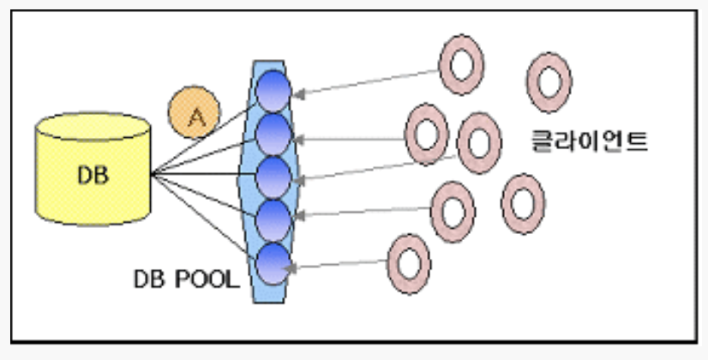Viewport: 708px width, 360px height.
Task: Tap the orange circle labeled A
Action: (195, 111)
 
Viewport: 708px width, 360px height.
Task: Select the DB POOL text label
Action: (186, 279)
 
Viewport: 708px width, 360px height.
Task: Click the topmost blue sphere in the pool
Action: (274, 89)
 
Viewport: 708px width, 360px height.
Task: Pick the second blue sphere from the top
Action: (274, 132)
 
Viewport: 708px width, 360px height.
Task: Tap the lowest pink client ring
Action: (411, 261)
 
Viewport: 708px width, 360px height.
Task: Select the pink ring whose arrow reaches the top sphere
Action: (461, 63)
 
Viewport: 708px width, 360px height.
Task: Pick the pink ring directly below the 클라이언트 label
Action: (522, 203)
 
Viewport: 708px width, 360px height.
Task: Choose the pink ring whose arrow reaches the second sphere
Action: (426, 134)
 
